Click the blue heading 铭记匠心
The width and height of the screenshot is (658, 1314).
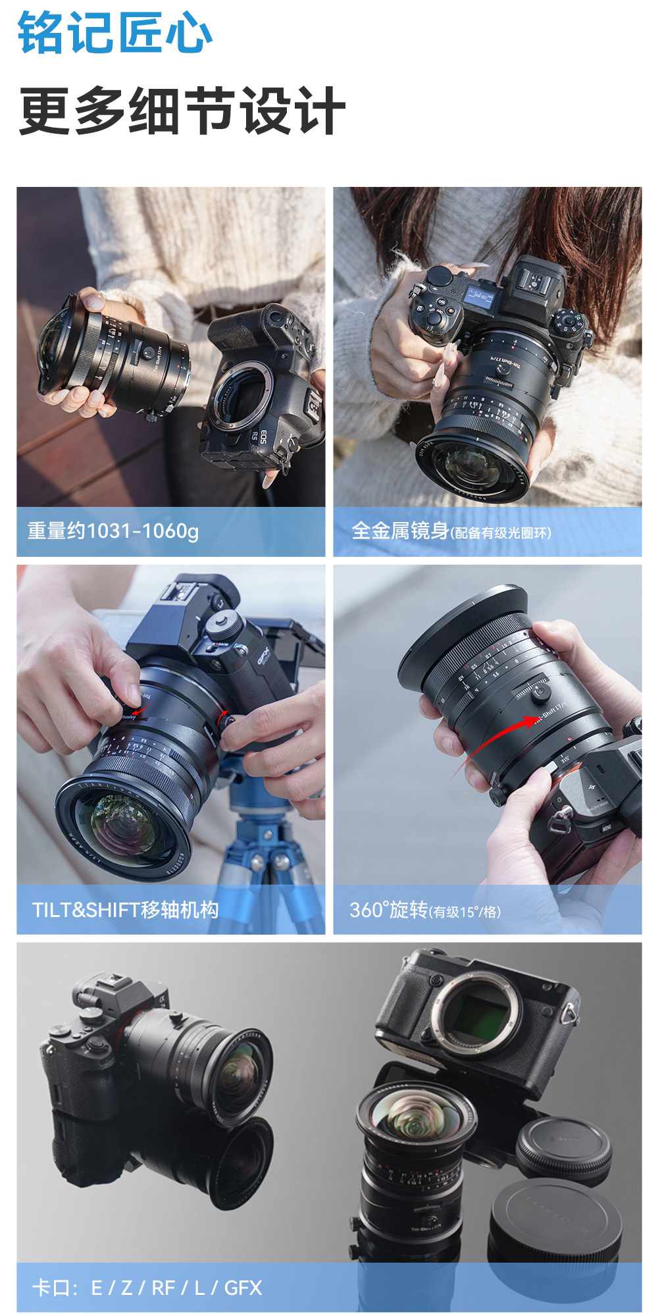[114, 33]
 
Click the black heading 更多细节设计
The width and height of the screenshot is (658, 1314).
[182, 111]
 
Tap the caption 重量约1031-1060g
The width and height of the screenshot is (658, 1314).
[113, 531]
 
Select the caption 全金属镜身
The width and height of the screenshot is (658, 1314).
[400, 531]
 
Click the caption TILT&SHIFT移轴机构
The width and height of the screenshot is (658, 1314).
[125, 910]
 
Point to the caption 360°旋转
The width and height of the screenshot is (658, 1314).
[388, 910]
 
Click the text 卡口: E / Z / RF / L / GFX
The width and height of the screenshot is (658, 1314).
[147, 1288]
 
